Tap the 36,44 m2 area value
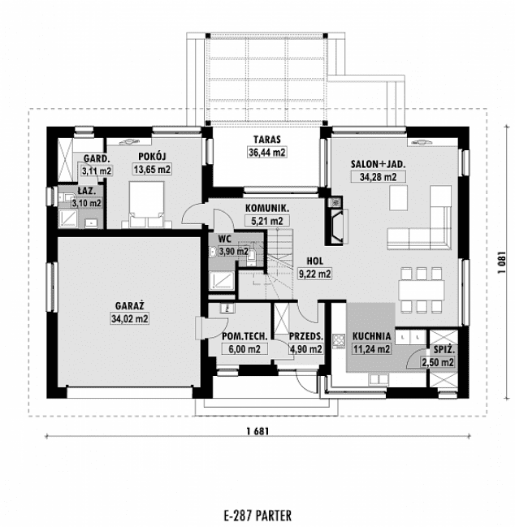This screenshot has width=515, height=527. coord(266,152)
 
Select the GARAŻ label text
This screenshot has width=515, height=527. coord(129,305)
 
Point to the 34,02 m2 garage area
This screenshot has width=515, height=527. coord(129,318)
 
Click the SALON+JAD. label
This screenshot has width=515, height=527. coord(378,163)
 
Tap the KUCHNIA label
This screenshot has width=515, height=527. coord(372,335)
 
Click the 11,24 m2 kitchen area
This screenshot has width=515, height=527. coord(370,349)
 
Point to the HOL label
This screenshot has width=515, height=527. coord(315,261)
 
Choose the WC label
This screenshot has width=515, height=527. coord(225,239)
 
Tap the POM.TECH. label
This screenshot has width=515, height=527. coord(240,335)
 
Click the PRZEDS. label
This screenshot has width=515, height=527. coord(307,335)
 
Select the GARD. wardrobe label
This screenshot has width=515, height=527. coord(94,158)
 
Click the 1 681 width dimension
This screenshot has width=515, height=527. coord(257,431)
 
